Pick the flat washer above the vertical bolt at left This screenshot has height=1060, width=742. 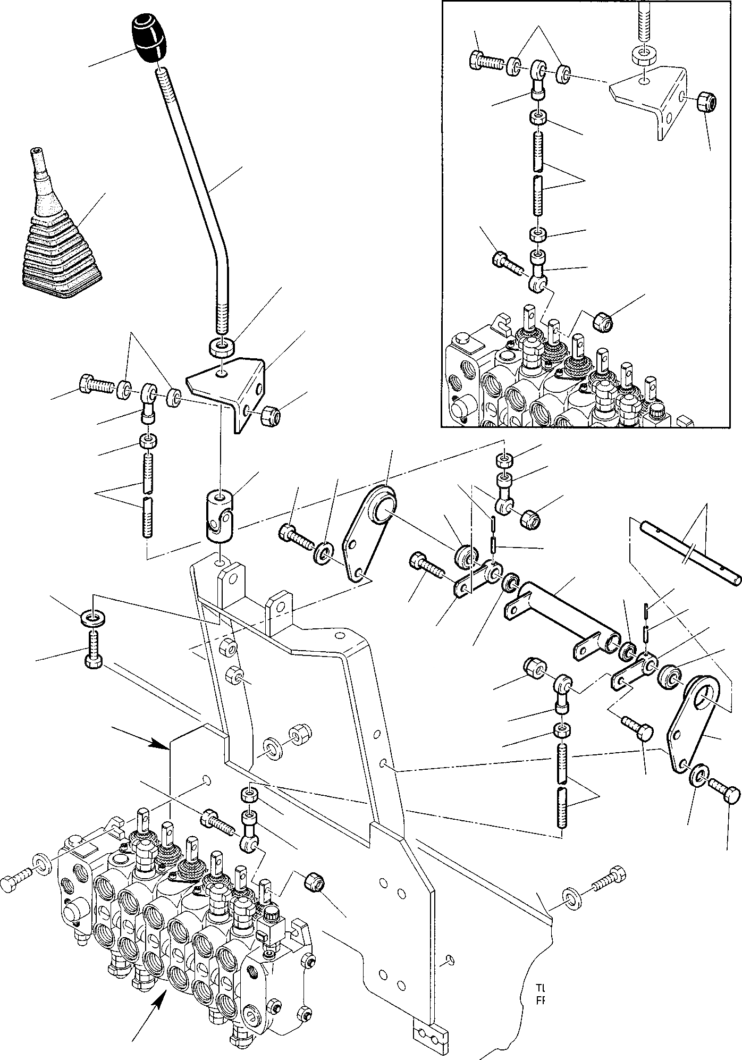(94, 618)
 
